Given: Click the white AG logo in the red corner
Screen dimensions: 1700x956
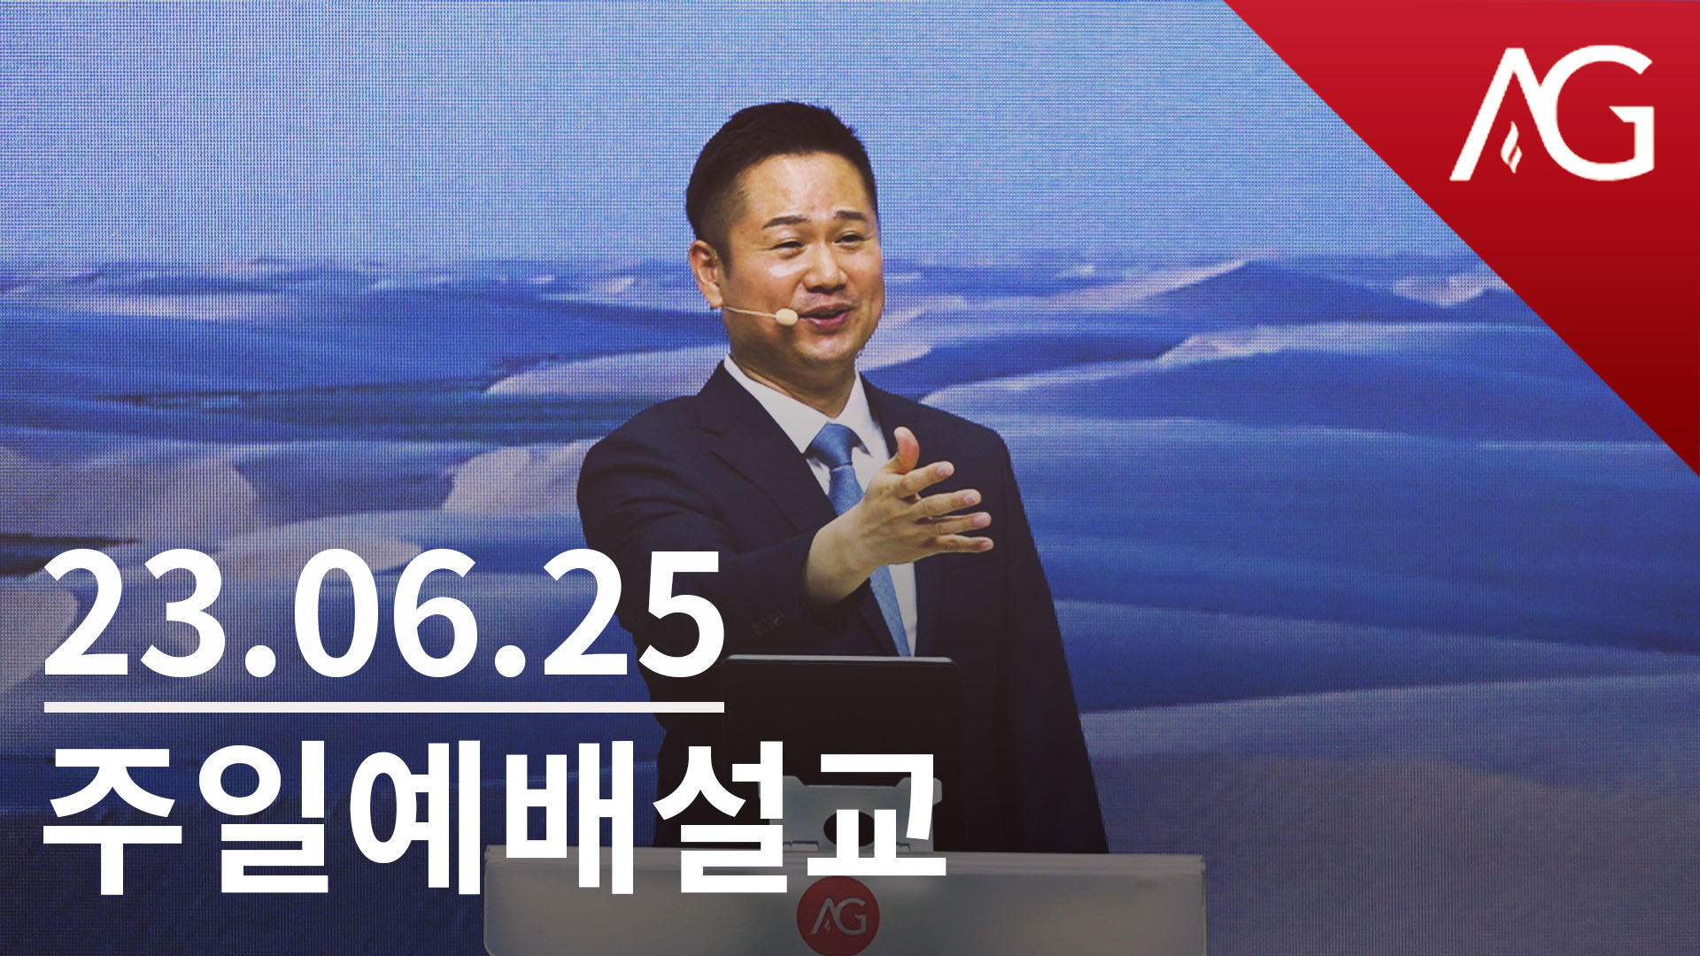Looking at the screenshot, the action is (x=1551, y=112).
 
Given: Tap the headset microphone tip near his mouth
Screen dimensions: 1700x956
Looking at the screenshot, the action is (x=784, y=314).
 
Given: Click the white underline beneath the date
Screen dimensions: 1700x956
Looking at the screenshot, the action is (x=383, y=707).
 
